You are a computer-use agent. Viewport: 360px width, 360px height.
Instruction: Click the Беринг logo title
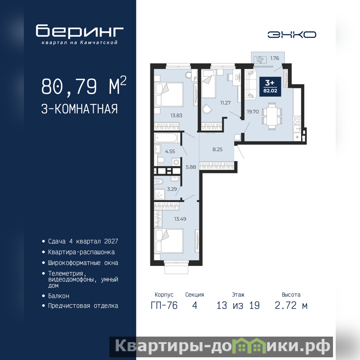pyautogui.click(x=80, y=31)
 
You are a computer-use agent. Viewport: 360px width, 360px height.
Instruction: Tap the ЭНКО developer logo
pyautogui.click(x=292, y=35)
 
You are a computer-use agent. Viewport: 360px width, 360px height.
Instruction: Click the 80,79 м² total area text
pyautogui.click(x=84, y=86)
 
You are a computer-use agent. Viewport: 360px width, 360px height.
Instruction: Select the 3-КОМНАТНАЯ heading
pyautogui.click(x=80, y=109)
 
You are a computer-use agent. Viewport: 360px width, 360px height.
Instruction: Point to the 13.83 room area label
pyautogui.click(x=176, y=116)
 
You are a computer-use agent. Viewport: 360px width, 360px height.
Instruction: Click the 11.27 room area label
pyautogui.click(x=225, y=103)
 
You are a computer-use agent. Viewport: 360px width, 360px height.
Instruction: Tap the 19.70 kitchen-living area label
pyautogui.click(x=253, y=112)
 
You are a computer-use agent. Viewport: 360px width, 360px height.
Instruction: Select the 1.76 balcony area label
pyautogui.click(x=274, y=58)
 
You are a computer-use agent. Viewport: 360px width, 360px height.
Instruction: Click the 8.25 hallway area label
pyautogui.click(x=217, y=149)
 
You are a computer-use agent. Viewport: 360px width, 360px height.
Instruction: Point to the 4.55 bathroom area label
pyautogui.click(x=170, y=151)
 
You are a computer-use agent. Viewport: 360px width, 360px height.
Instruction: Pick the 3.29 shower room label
pyautogui.click(x=172, y=189)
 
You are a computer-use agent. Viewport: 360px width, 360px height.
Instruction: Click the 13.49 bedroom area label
pyautogui.click(x=180, y=219)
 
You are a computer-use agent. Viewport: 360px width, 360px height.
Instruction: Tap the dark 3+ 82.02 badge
pyautogui.click(x=270, y=86)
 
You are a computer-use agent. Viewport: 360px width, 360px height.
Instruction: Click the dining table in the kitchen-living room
pyautogui.click(x=272, y=117)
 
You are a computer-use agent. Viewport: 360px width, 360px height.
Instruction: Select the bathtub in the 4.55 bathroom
pyautogui.click(x=166, y=138)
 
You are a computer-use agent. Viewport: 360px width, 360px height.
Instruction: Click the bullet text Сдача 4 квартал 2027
pyautogui.click(x=83, y=241)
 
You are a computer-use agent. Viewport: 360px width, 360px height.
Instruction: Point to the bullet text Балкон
pyautogui.click(x=58, y=296)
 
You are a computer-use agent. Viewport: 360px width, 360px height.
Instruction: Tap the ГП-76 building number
pyautogui.click(x=164, y=306)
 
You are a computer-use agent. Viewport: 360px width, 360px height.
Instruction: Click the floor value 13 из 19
pyautogui.click(x=238, y=306)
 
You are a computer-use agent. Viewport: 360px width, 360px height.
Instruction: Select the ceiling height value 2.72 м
pyautogui.click(x=291, y=306)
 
